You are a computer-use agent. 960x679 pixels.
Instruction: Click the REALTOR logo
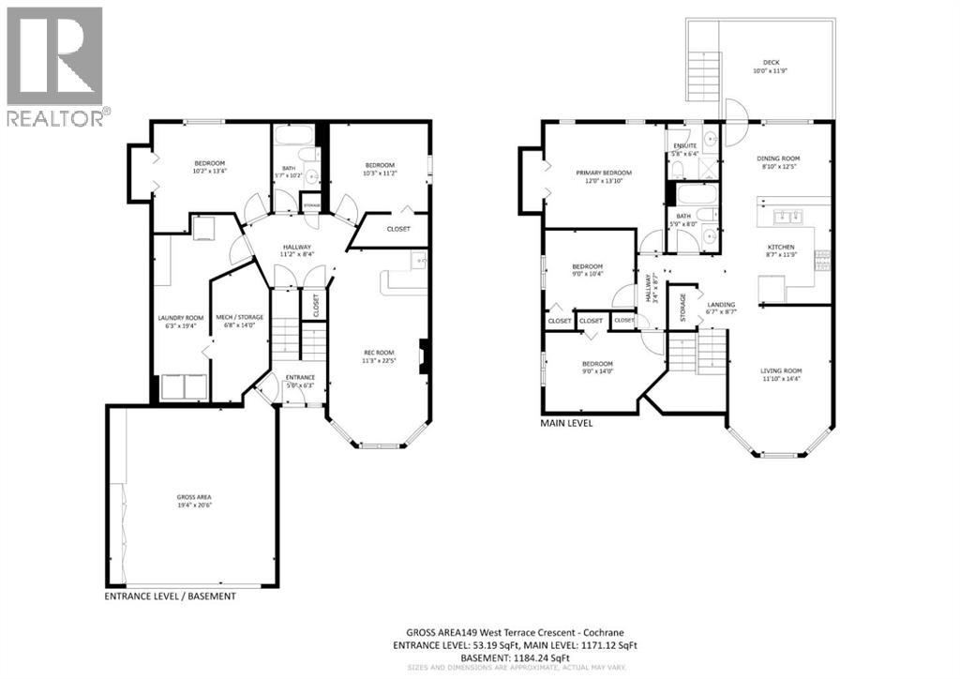point(56,66)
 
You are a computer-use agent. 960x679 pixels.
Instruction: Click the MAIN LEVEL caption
point(566,423)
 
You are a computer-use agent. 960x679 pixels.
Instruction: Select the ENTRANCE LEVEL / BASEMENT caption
point(171,596)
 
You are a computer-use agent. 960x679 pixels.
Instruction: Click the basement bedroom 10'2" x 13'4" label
point(209,167)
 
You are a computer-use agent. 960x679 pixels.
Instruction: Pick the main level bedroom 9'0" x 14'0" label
point(597,367)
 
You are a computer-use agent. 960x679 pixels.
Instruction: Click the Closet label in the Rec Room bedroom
point(397,229)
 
